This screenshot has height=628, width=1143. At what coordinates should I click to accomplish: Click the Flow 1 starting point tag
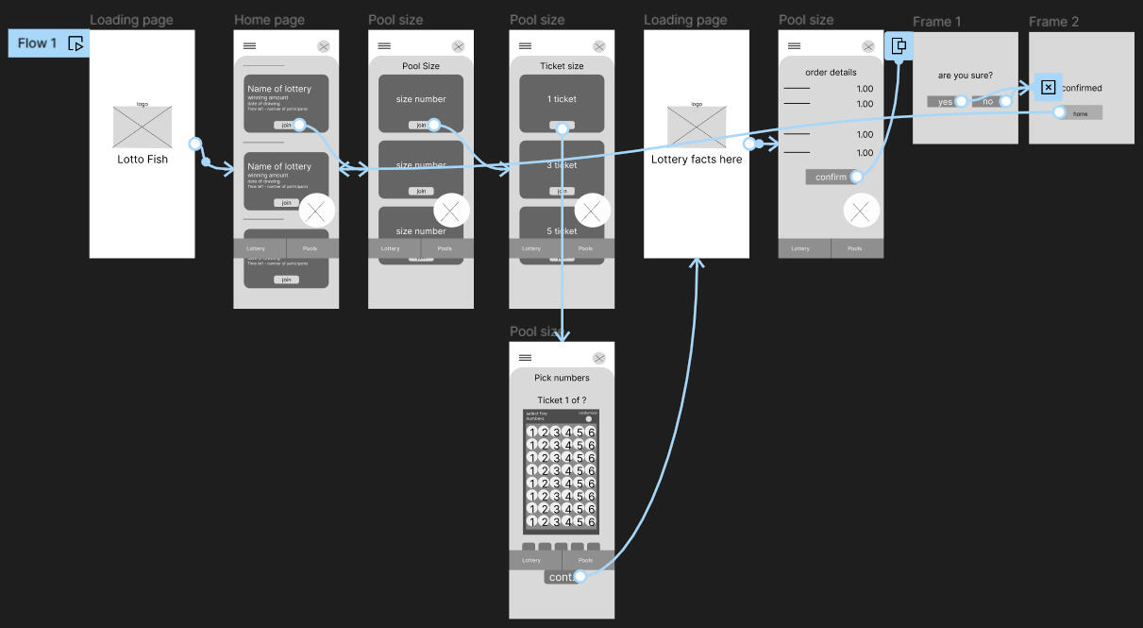tap(48, 43)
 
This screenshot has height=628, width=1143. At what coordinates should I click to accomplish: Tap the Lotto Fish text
tap(143, 160)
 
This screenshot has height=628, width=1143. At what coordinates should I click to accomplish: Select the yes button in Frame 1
tap(945, 102)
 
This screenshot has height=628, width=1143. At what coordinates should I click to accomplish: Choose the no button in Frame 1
tap(988, 102)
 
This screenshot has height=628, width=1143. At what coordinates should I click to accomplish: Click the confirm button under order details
tap(832, 178)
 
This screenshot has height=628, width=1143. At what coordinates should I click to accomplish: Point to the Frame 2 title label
tap(1053, 22)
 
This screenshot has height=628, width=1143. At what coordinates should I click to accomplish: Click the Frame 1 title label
tap(937, 22)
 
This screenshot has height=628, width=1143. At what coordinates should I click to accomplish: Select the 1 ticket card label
tap(562, 99)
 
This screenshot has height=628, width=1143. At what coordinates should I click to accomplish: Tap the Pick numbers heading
tap(562, 378)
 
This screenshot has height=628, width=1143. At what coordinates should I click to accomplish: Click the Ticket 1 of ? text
tap(562, 400)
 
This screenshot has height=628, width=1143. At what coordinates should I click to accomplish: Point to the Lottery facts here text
tap(697, 160)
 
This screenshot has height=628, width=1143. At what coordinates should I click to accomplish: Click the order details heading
tap(831, 73)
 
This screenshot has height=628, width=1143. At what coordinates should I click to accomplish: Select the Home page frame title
tap(269, 20)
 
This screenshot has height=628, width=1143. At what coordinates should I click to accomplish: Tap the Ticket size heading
tap(562, 66)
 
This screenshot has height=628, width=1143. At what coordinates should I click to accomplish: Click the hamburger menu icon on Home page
tap(249, 46)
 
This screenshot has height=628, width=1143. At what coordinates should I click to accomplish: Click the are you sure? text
tap(965, 76)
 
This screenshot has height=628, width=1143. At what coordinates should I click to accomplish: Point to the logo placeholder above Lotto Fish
tap(143, 127)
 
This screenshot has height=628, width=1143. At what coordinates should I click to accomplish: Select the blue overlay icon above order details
tap(899, 45)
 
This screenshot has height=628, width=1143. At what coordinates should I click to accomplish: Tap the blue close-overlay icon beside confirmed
tap(1048, 88)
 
